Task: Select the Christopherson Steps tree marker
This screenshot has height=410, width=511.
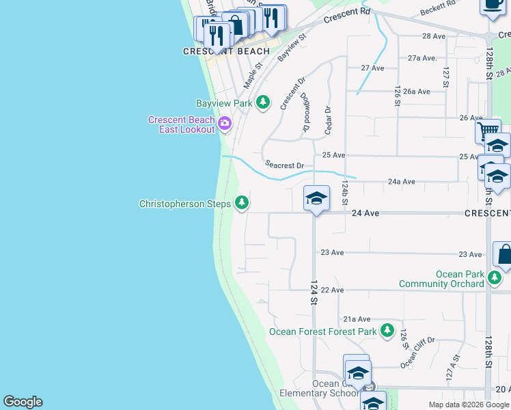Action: (241, 203)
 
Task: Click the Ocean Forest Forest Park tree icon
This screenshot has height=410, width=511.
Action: (387, 331)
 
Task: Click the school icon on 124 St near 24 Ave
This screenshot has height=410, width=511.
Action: (316, 198)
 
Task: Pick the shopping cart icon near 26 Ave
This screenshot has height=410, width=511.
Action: (488, 131)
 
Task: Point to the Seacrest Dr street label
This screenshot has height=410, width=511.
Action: (284, 165)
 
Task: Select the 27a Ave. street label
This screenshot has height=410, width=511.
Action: (422, 59)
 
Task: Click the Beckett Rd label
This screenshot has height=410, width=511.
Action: (438, 8)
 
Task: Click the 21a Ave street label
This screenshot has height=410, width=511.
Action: (357, 319)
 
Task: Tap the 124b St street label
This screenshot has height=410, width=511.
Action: (345, 193)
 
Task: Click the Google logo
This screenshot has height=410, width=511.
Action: (23, 402)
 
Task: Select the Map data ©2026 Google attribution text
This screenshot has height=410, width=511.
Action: (468, 405)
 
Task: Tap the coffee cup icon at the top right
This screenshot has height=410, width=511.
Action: (492, 4)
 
